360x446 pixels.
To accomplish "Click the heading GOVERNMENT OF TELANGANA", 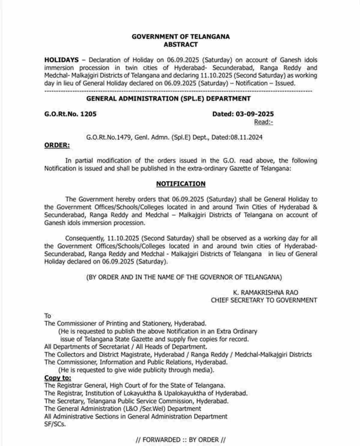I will click(181, 37).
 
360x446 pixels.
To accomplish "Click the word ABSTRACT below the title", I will click(181, 44).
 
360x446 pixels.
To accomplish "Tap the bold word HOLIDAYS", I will click(61, 60).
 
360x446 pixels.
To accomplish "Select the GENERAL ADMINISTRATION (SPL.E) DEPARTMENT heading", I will click(168, 98).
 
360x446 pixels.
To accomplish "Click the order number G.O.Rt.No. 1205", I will click(70, 114).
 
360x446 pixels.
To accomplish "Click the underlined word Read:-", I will click(263, 122).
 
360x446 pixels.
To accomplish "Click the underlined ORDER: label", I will click(57, 145).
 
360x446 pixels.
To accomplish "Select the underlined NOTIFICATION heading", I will click(181, 184).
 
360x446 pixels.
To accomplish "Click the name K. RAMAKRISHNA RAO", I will click(265, 292).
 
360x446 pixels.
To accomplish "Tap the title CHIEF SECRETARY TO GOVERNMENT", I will click(264, 300).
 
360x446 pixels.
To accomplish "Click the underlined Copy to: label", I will click(58, 378).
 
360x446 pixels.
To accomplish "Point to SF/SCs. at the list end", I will click(55, 424).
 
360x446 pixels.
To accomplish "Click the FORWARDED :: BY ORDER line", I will click(181, 440).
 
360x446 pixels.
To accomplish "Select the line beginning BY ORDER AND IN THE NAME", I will click(184, 277).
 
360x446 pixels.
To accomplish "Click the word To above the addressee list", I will click(48, 316).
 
